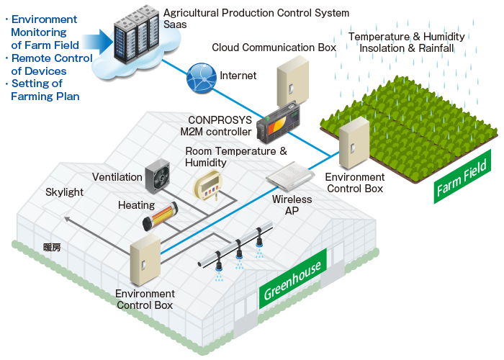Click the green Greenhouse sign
pyautogui.click(x=293, y=277)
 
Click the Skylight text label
pyautogui.click(x=65, y=192)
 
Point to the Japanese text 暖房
pyautogui.click(x=53, y=247)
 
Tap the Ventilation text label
pyautogui.click(x=117, y=177)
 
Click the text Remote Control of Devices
pyautogui.click(x=48, y=65)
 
